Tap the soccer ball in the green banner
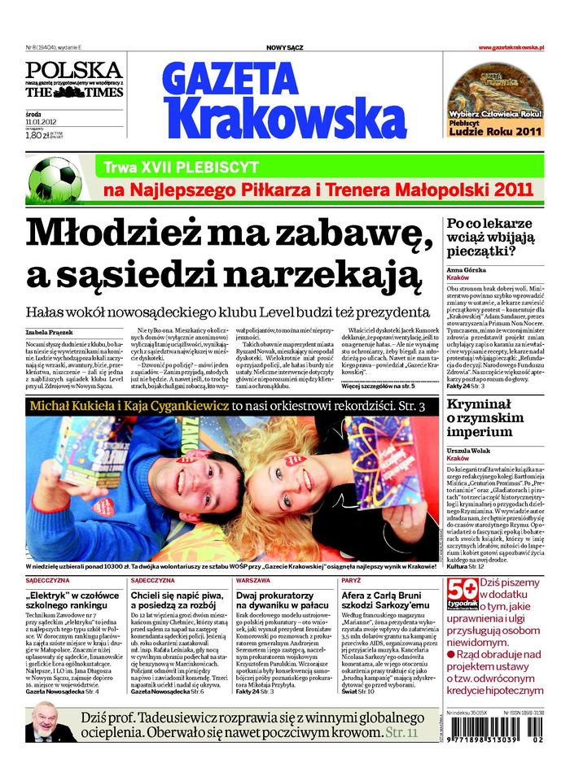point(55,180)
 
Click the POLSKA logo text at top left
point(74,69)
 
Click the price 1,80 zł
point(38,137)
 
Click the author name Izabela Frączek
point(49,332)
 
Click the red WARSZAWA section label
point(253,581)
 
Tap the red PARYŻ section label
point(352,581)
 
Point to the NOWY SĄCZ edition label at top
point(284,48)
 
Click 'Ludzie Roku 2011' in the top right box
point(495,129)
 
